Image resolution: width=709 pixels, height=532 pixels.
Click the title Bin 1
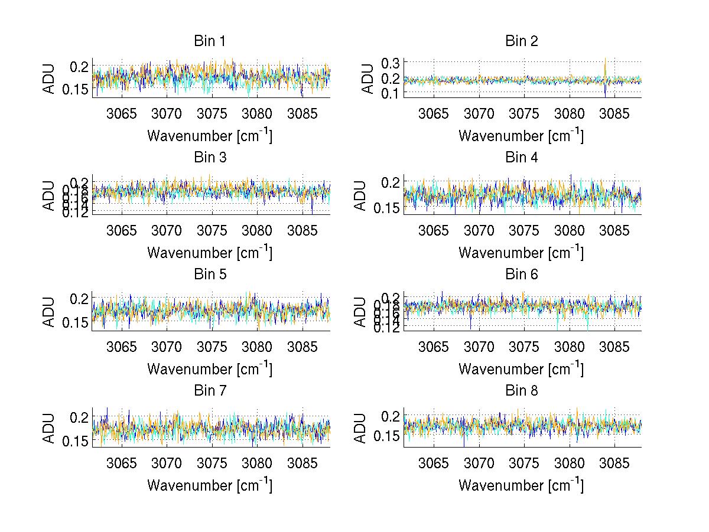click(x=210, y=41)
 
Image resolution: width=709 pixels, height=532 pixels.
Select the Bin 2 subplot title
click(x=521, y=41)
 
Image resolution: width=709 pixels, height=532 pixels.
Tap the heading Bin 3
click(x=210, y=158)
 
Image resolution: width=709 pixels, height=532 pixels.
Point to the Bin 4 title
click(x=521, y=158)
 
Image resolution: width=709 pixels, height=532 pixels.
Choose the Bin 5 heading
click(x=210, y=275)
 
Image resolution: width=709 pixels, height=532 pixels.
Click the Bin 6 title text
click(x=521, y=275)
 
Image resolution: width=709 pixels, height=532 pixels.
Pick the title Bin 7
click(x=210, y=391)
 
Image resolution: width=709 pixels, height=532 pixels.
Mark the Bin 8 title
click(x=521, y=391)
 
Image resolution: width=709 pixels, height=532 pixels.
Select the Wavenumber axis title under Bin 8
click(x=521, y=485)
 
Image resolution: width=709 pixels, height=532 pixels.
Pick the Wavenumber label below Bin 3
click(x=209, y=252)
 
